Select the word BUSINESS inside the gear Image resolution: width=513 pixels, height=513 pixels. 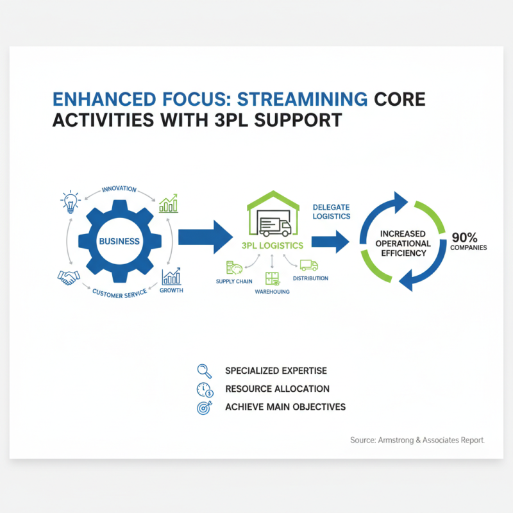[119, 241]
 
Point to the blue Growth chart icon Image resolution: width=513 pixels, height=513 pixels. [171, 276]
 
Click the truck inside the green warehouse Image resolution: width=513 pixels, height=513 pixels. [273, 224]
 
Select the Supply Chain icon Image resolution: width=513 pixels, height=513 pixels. [233, 268]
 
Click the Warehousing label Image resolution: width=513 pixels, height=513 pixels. [272, 292]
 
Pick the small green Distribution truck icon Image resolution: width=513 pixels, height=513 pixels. [309, 265]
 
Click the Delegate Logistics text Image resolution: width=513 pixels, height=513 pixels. [331, 212]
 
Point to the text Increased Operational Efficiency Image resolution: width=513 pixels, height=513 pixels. [403, 243]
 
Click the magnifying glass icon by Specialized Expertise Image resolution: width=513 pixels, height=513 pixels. [203, 370]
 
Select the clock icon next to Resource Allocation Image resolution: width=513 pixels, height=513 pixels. [203, 389]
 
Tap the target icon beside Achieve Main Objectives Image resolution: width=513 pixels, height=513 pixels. [203, 407]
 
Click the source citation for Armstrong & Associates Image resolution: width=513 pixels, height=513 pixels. [417, 440]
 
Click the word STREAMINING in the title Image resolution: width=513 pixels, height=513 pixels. [303, 99]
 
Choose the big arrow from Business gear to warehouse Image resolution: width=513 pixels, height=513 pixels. [205, 237]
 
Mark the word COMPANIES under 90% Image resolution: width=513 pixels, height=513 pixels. [468, 248]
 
